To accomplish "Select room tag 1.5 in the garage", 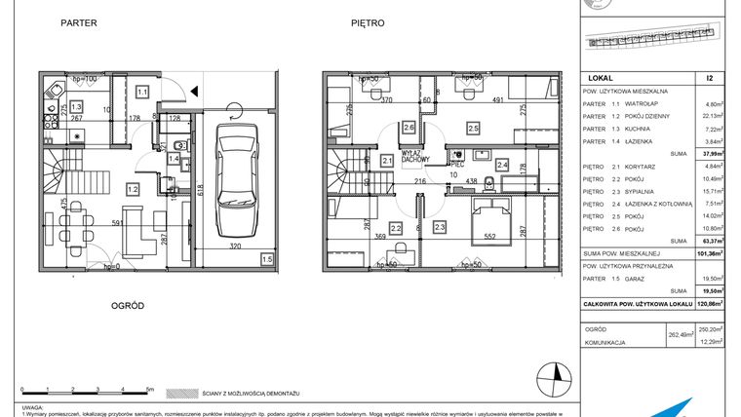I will click(x=267, y=259).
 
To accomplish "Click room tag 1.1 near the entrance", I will click(x=142, y=92).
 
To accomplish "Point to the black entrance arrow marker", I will click(x=196, y=92).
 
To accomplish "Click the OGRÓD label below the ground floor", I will click(x=127, y=305).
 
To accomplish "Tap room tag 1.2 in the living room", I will click(x=132, y=189).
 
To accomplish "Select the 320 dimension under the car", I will click(x=235, y=247).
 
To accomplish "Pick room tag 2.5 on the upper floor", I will click(x=473, y=128).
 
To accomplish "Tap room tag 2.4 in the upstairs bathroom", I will click(x=502, y=166).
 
